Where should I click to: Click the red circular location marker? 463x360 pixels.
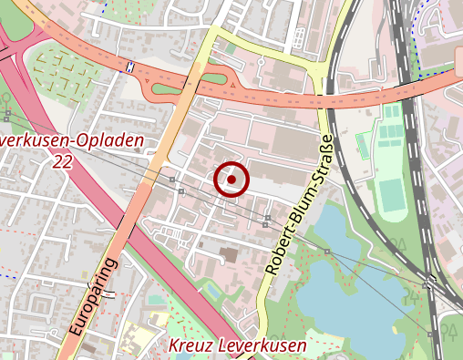click(232, 180)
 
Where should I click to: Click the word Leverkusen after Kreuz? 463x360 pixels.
click(264, 346)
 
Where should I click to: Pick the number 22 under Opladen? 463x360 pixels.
click(63, 161)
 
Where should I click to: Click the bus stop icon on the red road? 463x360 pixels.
click(131, 67)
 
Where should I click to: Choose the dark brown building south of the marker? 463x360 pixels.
click(227, 254)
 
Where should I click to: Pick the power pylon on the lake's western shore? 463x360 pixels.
click(326, 251)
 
